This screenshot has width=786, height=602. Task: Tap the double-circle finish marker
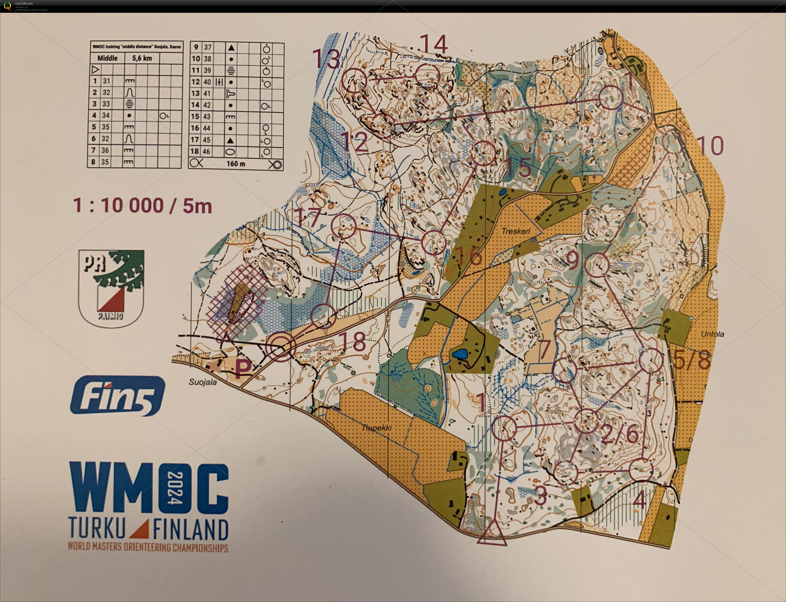281,346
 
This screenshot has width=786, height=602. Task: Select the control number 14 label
434,45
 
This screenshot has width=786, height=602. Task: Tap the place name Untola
712,334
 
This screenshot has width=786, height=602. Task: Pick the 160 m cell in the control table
236,164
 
